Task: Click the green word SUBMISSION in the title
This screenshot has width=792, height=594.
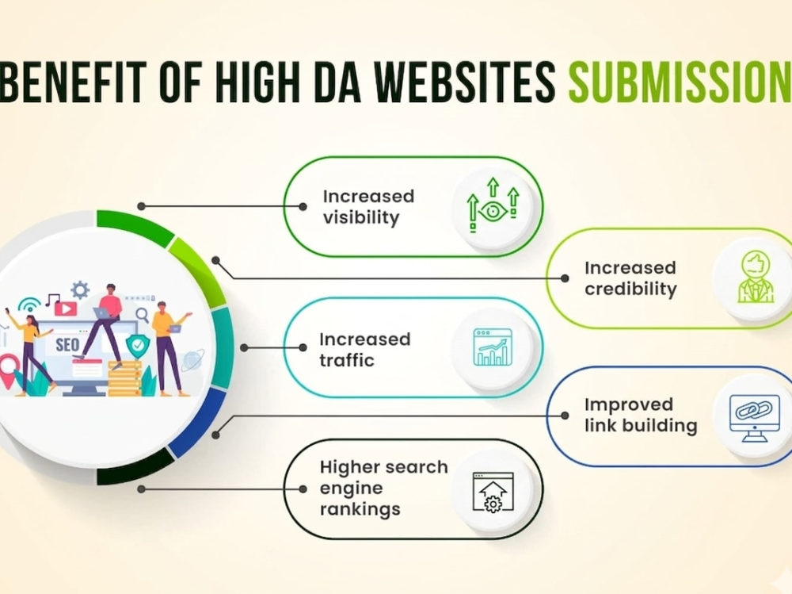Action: [680, 81]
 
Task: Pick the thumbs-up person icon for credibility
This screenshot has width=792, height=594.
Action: [755, 278]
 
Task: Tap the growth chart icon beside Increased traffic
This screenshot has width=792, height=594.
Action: [493, 347]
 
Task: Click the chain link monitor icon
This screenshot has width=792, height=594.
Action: [755, 417]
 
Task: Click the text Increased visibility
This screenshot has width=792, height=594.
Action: [368, 206]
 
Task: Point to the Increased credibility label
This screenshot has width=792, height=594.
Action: [630, 278]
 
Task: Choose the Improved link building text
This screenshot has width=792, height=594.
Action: [641, 415]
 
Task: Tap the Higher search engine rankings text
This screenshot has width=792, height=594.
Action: [384, 488]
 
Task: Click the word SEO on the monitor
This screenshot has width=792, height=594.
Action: [67, 345]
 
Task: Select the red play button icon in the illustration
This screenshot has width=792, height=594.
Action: [66, 308]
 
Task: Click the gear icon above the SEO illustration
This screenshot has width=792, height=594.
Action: [80, 290]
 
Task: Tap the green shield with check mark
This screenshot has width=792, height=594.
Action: [137, 346]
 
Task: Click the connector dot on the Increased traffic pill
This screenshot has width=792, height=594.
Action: [303, 347]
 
